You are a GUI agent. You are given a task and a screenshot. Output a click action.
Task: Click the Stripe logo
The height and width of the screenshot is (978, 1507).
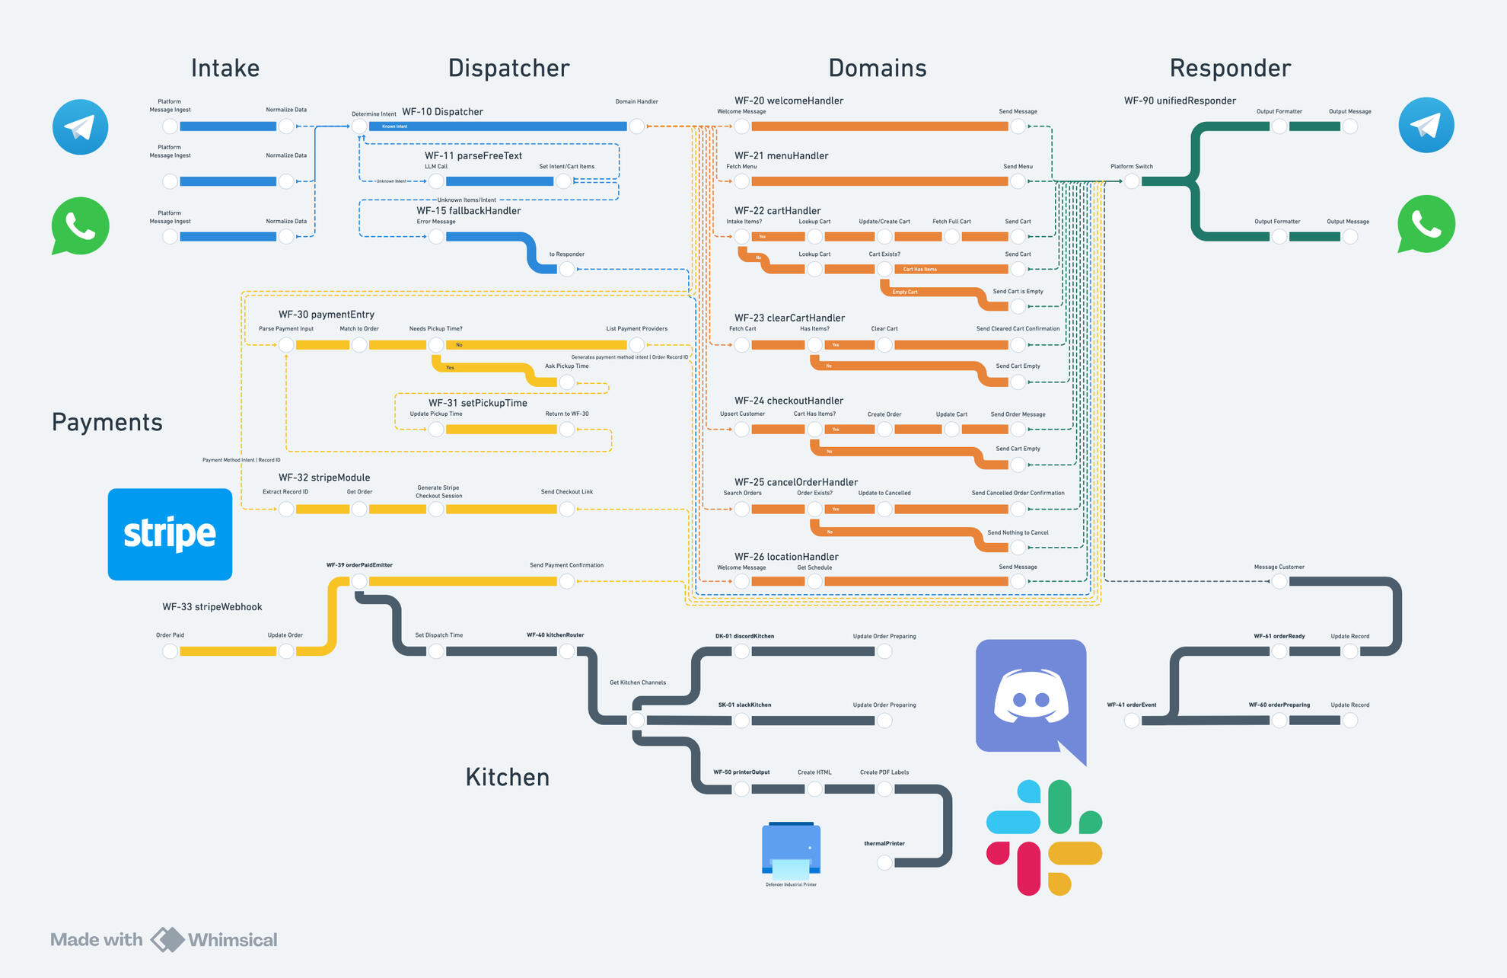(x=170, y=534)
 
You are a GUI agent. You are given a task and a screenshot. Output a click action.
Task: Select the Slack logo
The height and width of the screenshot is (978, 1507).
(x=1043, y=837)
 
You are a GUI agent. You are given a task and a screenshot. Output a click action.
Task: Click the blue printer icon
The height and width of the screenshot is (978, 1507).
(x=791, y=851)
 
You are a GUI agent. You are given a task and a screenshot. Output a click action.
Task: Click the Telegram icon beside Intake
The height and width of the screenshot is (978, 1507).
(x=80, y=126)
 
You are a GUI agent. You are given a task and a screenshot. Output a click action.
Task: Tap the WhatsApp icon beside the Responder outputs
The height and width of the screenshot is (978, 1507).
(x=1426, y=224)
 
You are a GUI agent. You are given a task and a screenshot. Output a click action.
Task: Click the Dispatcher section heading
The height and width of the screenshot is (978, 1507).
(x=508, y=69)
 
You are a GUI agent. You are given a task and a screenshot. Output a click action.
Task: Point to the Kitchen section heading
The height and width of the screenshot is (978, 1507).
(x=507, y=777)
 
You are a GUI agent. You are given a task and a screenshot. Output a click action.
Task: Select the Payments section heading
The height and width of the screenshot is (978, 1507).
(x=107, y=422)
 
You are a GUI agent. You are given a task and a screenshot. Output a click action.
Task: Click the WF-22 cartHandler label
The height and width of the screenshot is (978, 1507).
(x=777, y=210)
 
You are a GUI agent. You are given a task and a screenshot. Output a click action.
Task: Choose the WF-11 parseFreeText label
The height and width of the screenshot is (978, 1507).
(x=473, y=155)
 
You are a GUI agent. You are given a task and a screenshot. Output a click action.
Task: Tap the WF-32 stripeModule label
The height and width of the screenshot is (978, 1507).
(x=323, y=478)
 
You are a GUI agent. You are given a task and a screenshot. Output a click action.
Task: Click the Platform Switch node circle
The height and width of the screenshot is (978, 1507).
(x=1132, y=181)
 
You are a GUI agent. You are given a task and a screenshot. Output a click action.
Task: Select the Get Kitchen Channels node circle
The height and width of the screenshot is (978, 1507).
(x=637, y=720)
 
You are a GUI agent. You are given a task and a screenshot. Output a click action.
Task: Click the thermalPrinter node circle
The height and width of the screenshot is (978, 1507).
(x=884, y=862)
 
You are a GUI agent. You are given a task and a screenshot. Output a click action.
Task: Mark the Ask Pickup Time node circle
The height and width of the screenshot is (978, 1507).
(x=567, y=382)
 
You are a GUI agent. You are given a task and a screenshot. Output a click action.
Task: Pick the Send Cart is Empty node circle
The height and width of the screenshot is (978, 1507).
(x=1018, y=306)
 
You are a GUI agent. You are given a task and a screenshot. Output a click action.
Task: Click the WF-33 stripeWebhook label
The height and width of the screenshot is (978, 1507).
(x=212, y=607)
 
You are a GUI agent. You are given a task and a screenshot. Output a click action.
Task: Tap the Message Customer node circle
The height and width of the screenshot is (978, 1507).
(x=1279, y=581)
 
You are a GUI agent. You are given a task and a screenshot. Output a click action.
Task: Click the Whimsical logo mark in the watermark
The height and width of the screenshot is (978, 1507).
(x=167, y=939)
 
